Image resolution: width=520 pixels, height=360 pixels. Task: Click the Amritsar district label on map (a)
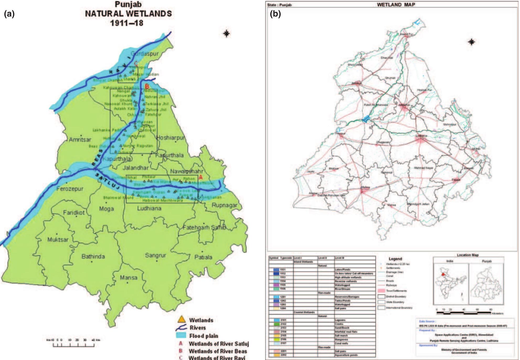(x=80, y=140)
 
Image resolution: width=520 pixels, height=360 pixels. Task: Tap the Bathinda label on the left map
(x=93, y=256)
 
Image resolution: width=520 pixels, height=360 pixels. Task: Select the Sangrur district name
(x=156, y=255)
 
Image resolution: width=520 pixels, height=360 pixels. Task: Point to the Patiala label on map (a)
(x=203, y=257)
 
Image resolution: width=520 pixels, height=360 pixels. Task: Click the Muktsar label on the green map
(x=58, y=239)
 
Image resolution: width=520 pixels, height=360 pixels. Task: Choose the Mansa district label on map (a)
(x=129, y=277)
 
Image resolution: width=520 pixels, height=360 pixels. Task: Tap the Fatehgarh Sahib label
(x=204, y=227)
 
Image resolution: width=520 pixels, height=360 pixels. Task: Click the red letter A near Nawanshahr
(x=201, y=177)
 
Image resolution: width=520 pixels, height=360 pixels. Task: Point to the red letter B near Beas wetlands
(x=147, y=86)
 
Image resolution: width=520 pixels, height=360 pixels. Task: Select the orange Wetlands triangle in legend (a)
(x=181, y=320)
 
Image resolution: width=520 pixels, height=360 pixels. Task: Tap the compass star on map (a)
(x=226, y=34)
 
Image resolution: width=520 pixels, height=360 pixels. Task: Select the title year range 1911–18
(x=127, y=23)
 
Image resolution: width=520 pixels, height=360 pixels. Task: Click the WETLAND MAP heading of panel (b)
(x=396, y=4)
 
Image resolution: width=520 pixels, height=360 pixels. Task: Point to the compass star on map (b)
(x=471, y=42)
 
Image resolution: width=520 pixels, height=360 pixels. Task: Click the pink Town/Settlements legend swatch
(x=381, y=291)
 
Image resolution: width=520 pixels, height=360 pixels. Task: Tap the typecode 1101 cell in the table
(x=283, y=270)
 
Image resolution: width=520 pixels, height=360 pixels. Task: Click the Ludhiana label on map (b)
(x=421, y=136)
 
